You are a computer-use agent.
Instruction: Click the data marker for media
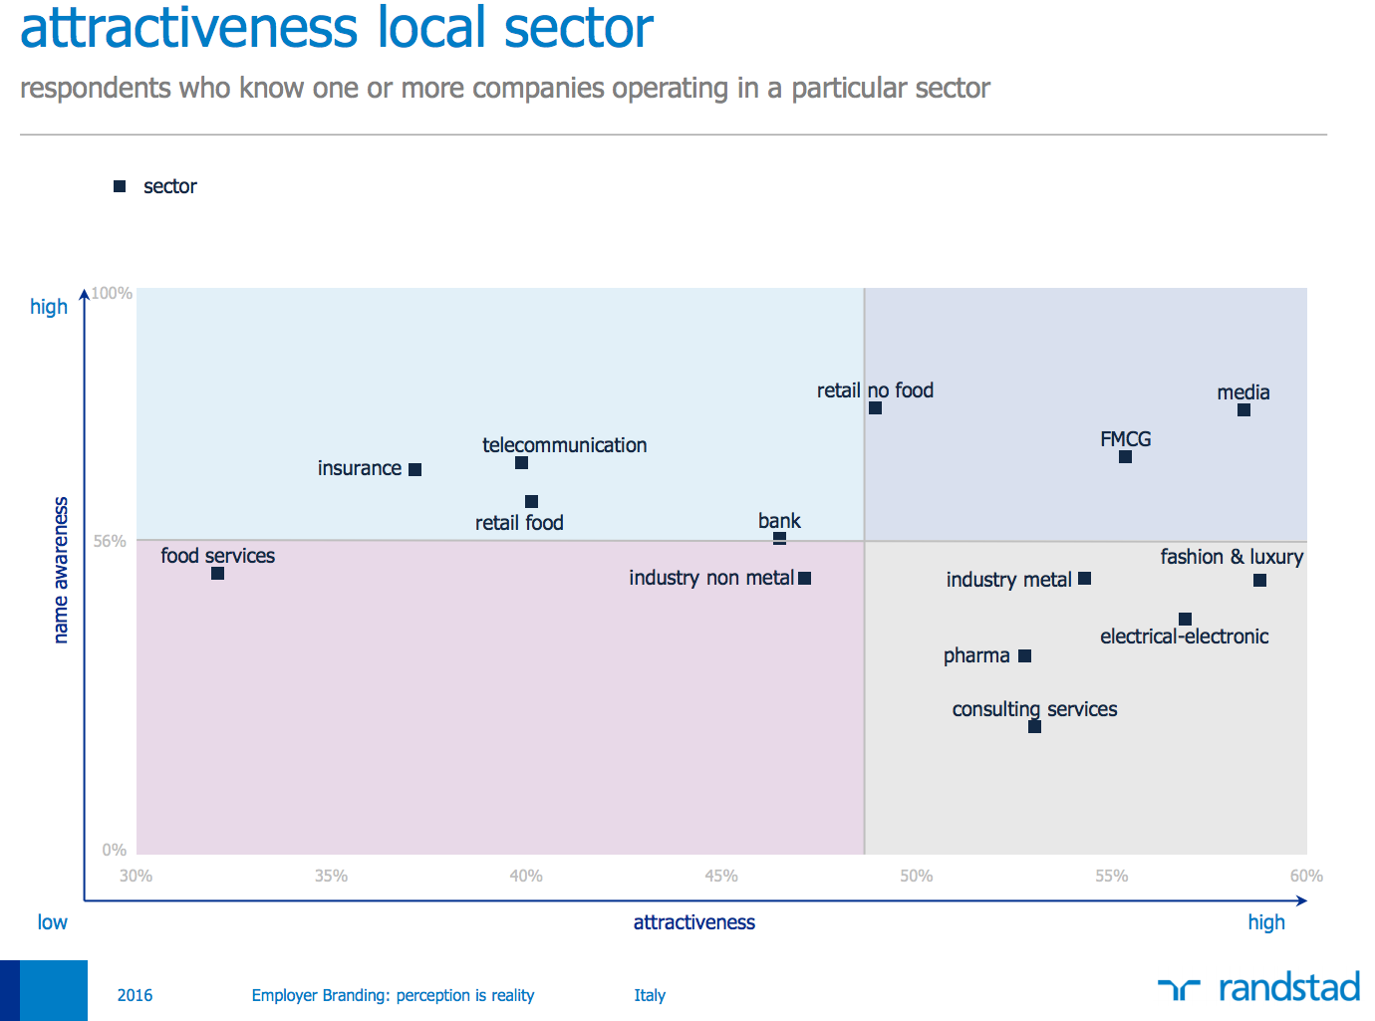[x=1243, y=410]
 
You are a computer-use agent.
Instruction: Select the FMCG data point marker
[x=1125, y=457]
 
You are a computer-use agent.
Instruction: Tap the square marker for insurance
[x=415, y=470]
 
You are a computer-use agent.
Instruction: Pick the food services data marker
[x=218, y=574]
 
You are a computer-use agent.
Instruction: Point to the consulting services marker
[x=1034, y=727]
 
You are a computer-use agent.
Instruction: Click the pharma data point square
[x=1024, y=656]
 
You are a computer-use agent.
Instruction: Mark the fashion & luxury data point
[x=1259, y=581]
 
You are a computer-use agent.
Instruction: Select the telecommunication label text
[x=564, y=445]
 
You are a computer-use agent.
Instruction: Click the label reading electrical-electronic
[x=1184, y=637]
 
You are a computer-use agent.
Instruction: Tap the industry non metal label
[x=711, y=578]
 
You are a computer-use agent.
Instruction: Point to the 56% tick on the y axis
[x=110, y=542]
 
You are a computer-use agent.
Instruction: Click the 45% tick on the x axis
[x=721, y=877]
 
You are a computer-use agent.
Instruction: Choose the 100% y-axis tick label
[x=112, y=293]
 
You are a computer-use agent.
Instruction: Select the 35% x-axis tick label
[x=331, y=877]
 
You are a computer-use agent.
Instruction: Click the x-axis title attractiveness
[x=694, y=922]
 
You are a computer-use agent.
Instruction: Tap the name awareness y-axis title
[x=61, y=570]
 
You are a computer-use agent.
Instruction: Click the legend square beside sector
[x=120, y=186]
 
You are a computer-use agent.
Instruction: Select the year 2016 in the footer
[x=135, y=995]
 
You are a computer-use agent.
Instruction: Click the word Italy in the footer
[x=650, y=995]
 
